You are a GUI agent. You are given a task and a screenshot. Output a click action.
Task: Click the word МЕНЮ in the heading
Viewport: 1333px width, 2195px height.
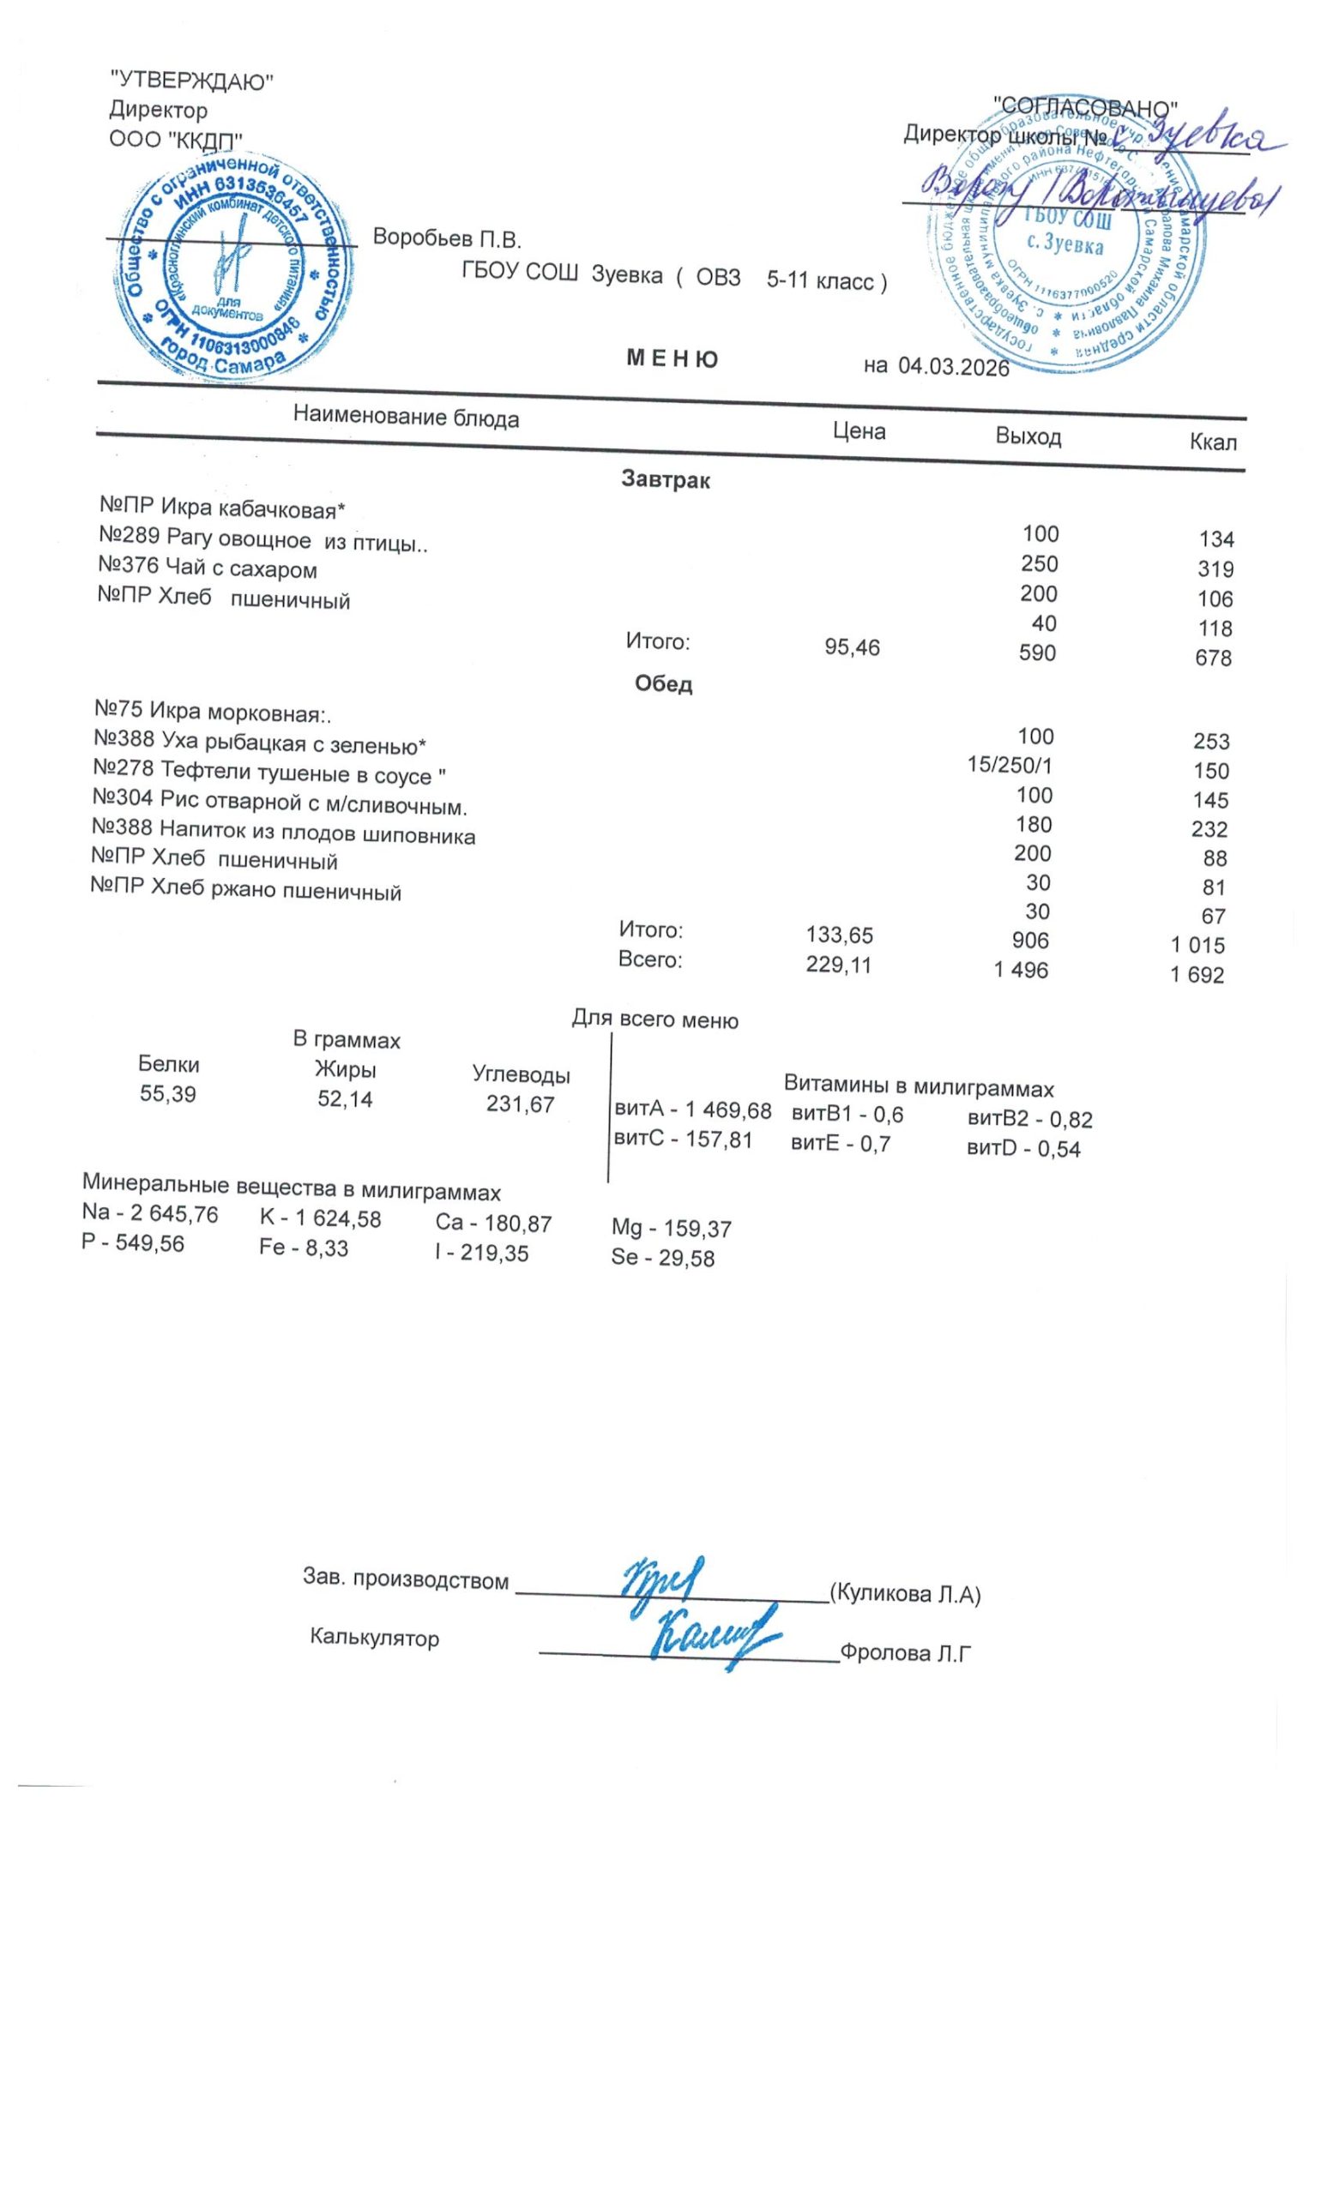[x=673, y=359]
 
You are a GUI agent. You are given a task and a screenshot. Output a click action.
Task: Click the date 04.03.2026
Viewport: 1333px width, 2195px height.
[x=952, y=368]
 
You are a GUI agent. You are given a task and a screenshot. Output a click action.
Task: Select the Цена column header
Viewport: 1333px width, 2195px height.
[x=859, y=432]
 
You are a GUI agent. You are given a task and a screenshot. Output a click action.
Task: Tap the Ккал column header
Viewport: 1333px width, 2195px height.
[x=1213, y=442]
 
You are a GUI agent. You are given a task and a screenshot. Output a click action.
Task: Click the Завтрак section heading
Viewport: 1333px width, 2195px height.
[x=665, y=481]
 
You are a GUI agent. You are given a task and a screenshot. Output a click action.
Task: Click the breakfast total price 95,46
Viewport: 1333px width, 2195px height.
[x=852, y=647]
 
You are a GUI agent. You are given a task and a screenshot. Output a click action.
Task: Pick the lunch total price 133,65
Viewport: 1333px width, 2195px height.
[x=840, y=935]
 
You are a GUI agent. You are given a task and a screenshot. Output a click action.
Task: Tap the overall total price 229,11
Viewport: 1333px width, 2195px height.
[x=840, y=965]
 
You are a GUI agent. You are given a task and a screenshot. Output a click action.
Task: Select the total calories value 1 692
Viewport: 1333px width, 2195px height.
[x=1197, y=975]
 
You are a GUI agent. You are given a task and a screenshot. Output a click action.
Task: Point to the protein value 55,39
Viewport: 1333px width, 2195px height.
[x=167, y=1094]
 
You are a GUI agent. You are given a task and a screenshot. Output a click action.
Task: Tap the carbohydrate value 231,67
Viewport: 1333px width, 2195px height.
[x=521, y=1104]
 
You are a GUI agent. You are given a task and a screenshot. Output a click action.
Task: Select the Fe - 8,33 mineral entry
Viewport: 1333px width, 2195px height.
[x=304, y=1248]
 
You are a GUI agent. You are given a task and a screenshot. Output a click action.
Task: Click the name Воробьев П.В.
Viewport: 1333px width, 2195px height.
[x=446, y=238]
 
